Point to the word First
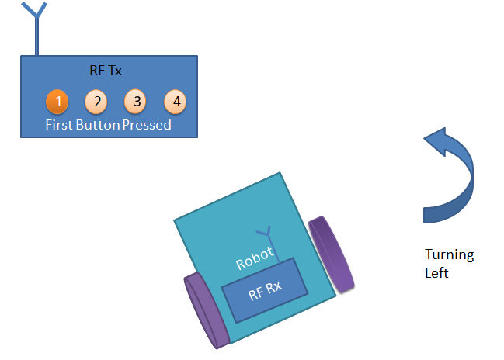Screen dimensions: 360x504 click(x=59, y=124)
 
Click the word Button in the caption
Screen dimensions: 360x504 click(x=98, y=124)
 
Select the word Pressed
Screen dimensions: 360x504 click(x=147, y=124)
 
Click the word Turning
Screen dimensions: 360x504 click(x=449, y=255)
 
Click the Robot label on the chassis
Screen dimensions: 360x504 click(x=255, y=255)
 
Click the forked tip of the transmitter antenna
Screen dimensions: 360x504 click(x=33, y=9)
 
